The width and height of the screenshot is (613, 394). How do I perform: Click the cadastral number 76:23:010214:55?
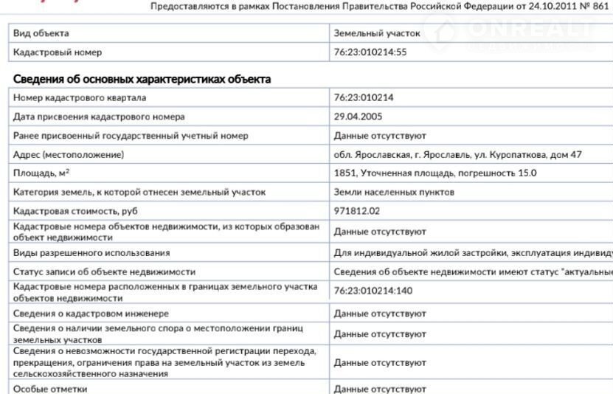pyautogui.click(x=370, y=52)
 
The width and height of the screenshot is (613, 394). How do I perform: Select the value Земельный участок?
pyautogui.click(x=377, y=34)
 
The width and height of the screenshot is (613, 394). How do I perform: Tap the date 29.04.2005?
pyautogui.click(x=358, y=117)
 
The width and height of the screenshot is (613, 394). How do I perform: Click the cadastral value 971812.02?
pyautogui.click(x=357, y=211)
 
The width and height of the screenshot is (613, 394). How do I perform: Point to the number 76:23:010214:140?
pyautogui.click(x=373, y=291)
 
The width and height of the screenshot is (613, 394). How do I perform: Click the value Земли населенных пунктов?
pyautogui.click(x=394, y=192)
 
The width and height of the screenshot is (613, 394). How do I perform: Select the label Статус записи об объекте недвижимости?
pyautogui.click(x=104, y=272)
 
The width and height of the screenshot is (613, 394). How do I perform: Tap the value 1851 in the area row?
pyautogui.click(x=344, y=173)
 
